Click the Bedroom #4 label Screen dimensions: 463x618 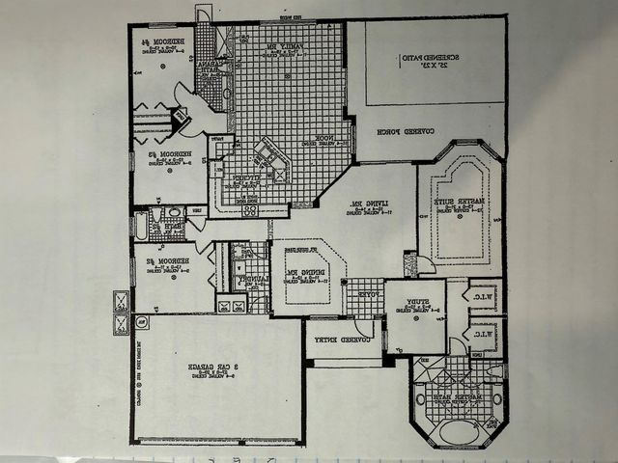click(157, 43)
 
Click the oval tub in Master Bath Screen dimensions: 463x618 click(453, 423)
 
